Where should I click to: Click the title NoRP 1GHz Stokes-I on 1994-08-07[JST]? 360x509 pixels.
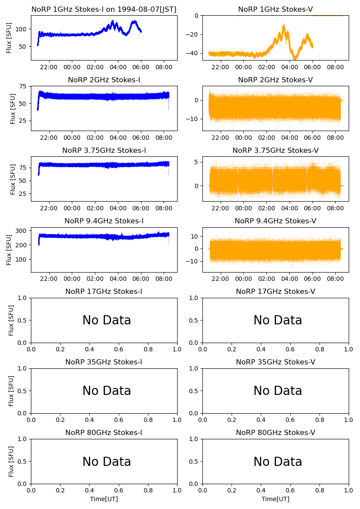coord(104,9)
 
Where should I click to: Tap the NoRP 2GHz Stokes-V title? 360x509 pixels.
coord(275,80)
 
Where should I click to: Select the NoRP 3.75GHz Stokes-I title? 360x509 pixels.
coord(104,150)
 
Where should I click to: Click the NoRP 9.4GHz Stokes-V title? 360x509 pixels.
coord(275,221)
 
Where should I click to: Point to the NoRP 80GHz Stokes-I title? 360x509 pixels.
coord(104,432)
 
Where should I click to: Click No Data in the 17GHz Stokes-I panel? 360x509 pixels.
coord(107,320)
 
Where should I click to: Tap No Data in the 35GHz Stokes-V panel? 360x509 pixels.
coord(278,391)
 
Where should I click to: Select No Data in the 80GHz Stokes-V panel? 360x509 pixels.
coord(278,462)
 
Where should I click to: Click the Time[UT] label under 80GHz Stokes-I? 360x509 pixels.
coord(104,499)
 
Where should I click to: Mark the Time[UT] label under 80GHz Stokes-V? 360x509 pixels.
coord(275,499)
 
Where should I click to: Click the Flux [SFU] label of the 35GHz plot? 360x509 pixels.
coord(11,391)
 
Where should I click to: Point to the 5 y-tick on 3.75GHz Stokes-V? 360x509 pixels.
coord(196,162)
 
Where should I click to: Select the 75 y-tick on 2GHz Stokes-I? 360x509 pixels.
coord(22,87)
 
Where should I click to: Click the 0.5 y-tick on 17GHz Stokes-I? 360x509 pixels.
coord(22,320)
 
